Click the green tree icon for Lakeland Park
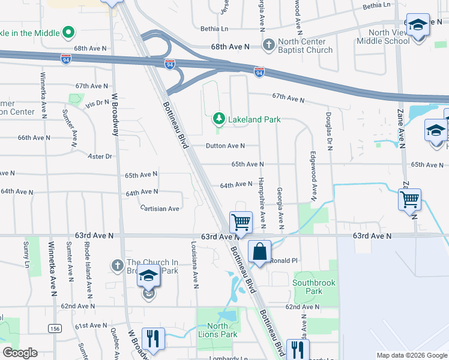[x=219, y=119]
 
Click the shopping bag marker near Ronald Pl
[x=259, y=252]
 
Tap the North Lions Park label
[x=218, y=330]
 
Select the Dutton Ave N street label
[x=225, y=146]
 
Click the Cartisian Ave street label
[x=160, y=209]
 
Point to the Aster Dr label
[x=100, y=156]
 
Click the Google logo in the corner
[x=20, y=353]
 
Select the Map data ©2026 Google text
[x=411, y=355]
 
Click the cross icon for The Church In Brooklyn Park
[x=118, y=265]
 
